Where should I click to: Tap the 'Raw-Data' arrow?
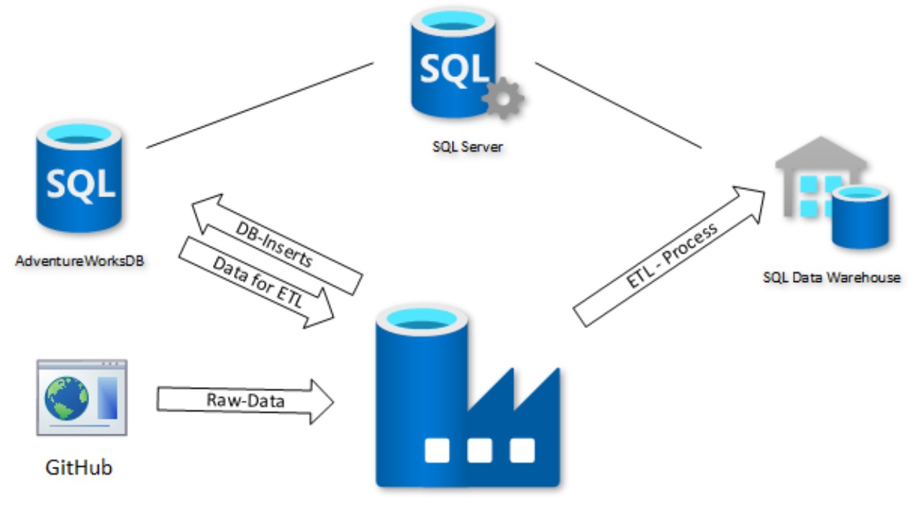245,400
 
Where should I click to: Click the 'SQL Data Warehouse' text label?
831,277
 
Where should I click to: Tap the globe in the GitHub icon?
66,398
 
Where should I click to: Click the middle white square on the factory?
480,450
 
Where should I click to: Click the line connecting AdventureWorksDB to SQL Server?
259,106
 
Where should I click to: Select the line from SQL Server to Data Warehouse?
617,106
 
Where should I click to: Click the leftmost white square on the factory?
437,450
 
